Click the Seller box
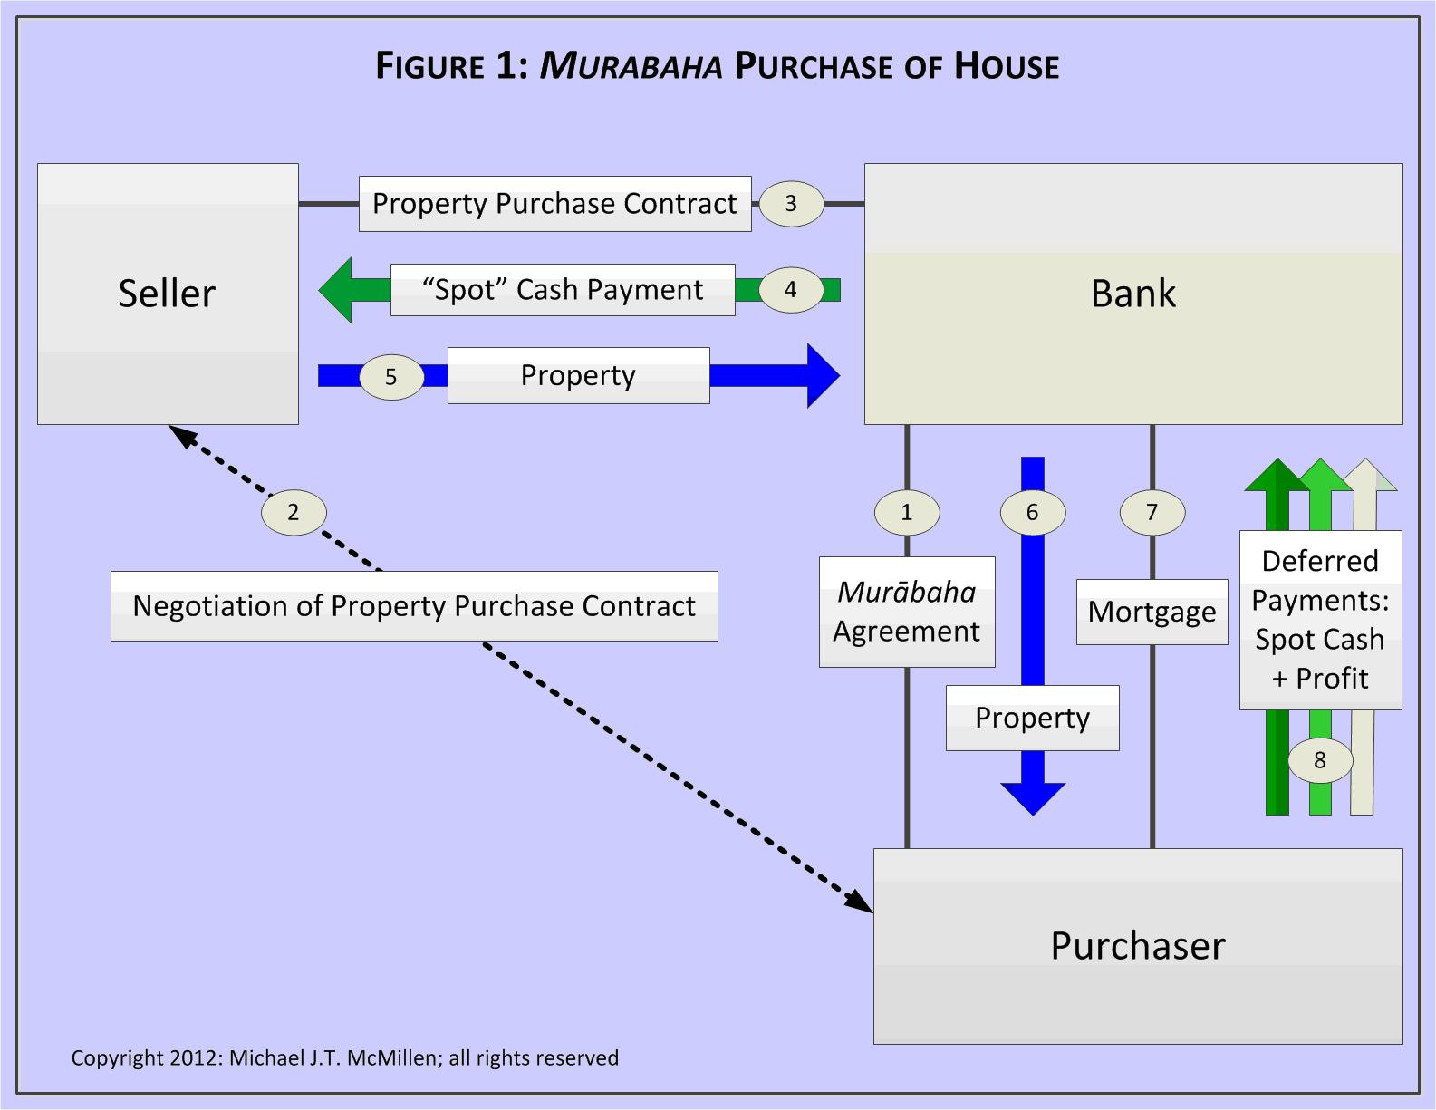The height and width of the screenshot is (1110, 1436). (x=168, y=294)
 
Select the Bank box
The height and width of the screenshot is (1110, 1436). (x=1132, y=294)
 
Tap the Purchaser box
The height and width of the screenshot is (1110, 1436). (x=1137, y=946)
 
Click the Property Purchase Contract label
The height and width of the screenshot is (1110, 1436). (x=554, y=204)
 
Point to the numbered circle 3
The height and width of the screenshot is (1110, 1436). (x=791, y=203)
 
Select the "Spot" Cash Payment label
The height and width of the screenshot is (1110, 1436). (x=562, y=290)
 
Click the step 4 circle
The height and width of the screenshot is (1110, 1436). (x=791, y=290)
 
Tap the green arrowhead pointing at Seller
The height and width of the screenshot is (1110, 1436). (x=337, y=290)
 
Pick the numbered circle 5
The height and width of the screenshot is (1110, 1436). (x=391, y=377)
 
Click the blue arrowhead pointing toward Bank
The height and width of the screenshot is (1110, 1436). (x=822, y=375)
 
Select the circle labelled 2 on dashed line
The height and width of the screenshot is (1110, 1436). (x=293, y=513)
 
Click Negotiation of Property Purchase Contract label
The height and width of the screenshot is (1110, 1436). (x=414, y=606)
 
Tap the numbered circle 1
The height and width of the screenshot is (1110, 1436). (x=907, y=513)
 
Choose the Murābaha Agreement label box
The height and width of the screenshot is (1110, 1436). (x=907, y=612)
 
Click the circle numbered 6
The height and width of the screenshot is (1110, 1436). (x=1032, y=513)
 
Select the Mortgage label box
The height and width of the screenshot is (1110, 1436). (x=1152, y=613)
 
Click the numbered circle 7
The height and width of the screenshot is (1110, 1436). (x=1152, y=513)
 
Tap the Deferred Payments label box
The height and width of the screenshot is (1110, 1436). (x=1320, y=620)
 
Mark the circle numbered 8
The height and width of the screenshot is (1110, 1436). (x=1320, y=760)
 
